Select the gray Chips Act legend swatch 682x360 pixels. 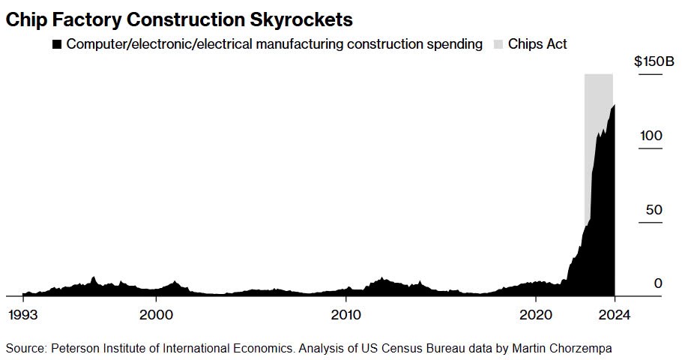[500, 44]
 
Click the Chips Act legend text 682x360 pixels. [537, 44]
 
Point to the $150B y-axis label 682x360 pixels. [654, 61]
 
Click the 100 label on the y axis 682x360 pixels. [651, 136]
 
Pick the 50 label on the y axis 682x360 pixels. [654, 209]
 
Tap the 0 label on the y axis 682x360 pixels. [658, 283]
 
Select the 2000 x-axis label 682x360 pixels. [156, 314]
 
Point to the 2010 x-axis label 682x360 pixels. [345, 314]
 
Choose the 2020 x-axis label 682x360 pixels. [536, 314]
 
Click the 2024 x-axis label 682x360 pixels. [612, 314]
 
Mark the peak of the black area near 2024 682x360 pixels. [614, 106]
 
